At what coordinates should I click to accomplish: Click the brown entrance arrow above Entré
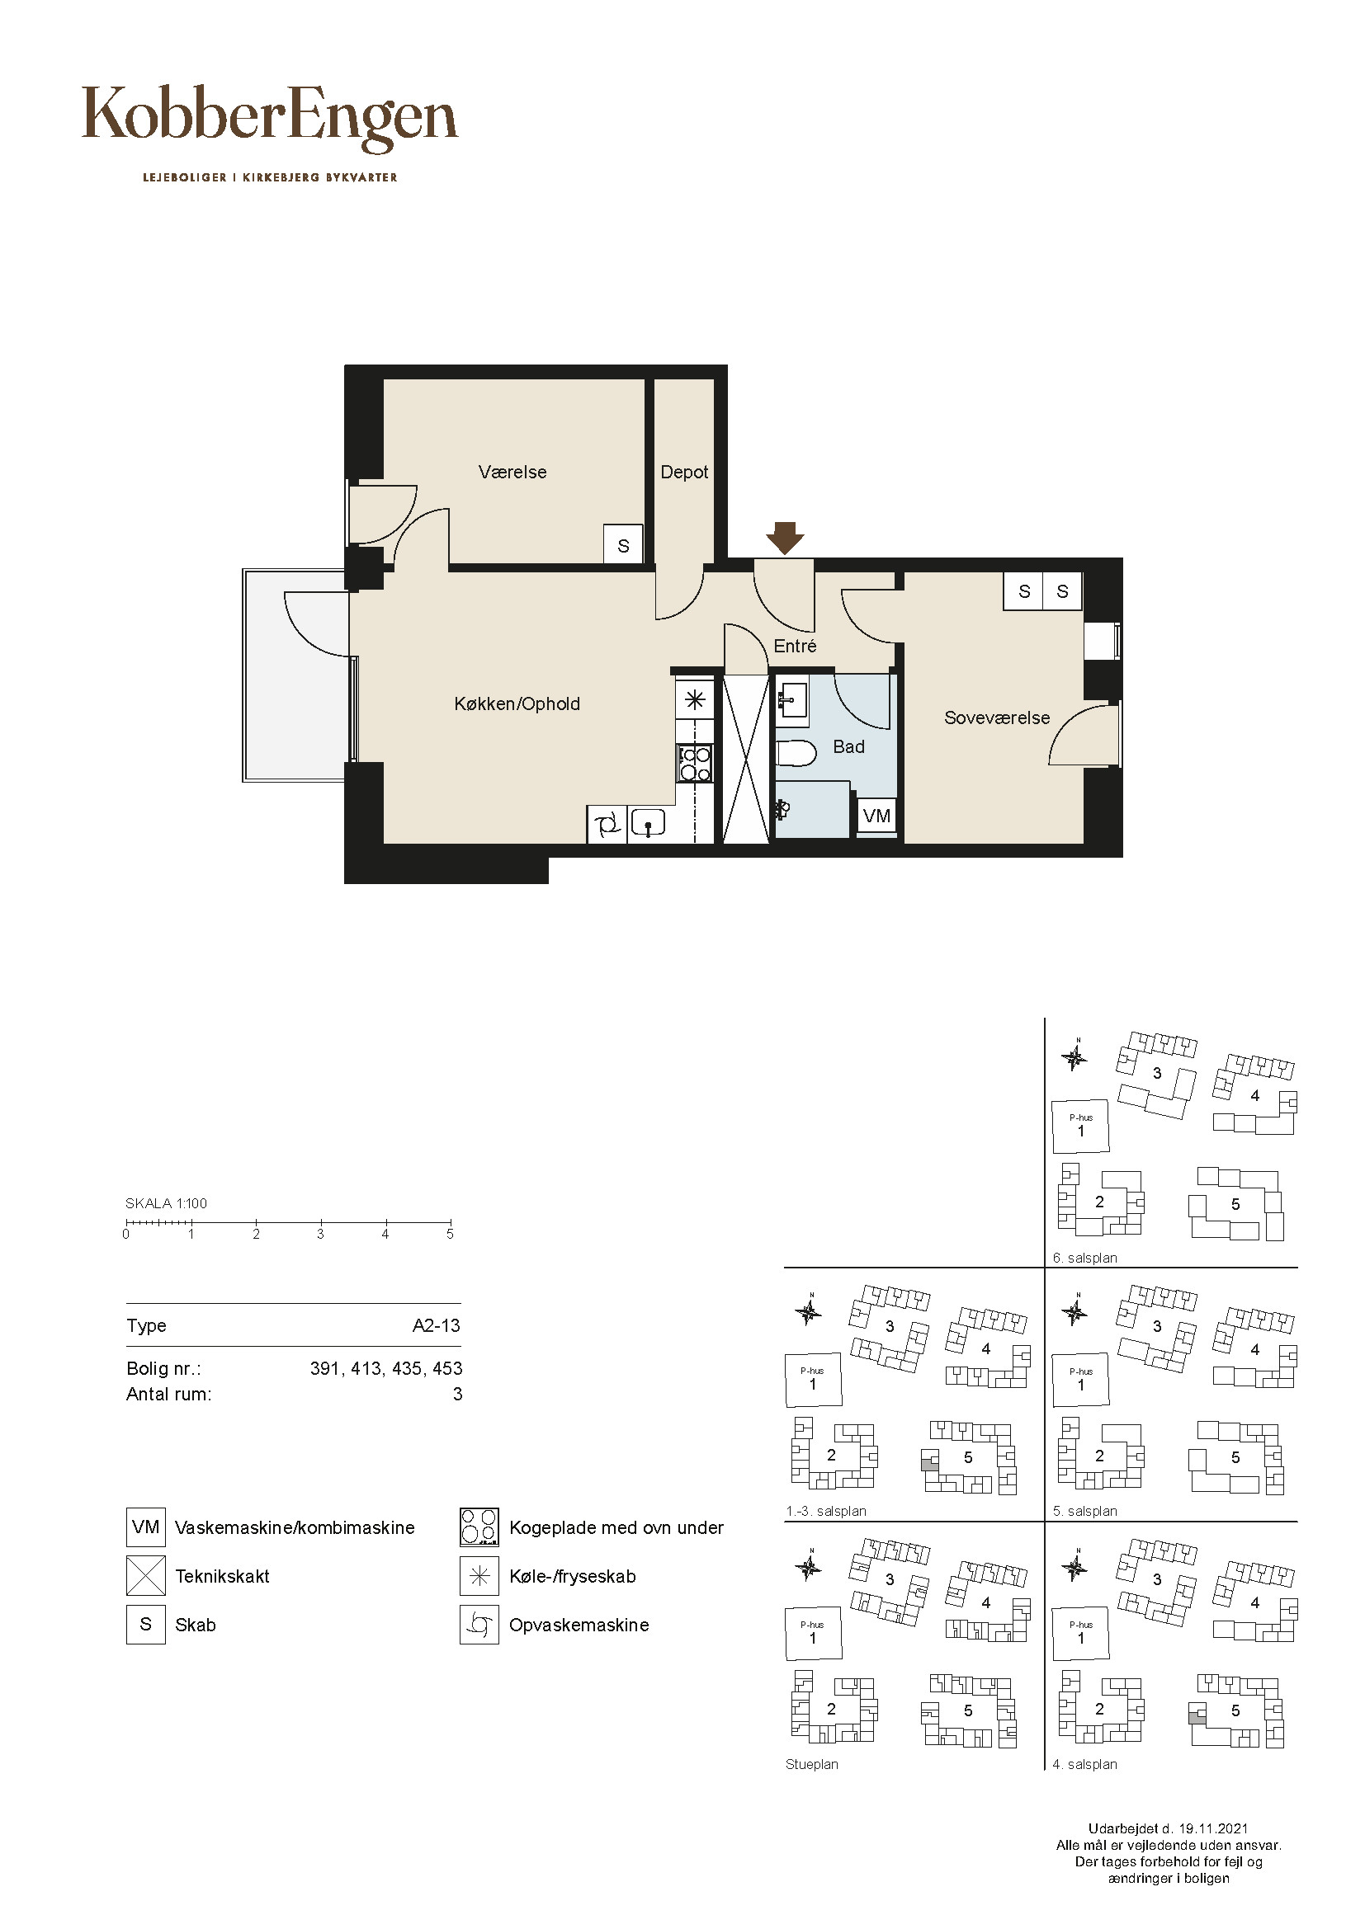click(785, 539)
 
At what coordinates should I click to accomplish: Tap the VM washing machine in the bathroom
click(876, 816)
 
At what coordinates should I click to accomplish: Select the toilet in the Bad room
click(794, 753)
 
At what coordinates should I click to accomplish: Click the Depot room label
click(684, 473)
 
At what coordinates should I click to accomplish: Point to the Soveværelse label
click(997, 717)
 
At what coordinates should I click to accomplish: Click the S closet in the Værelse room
click(623, 545)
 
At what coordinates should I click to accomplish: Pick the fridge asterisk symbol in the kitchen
click(695, 700)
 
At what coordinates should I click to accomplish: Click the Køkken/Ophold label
click(517, 704)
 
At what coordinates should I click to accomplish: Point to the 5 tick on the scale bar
click(451, 1224)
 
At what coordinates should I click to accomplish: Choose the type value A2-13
click(437, 1326)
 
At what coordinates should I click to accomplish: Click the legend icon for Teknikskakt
click(145, 1576)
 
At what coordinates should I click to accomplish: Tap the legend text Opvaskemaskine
click(579, 1625)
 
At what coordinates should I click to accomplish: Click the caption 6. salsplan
click(1085, 1259)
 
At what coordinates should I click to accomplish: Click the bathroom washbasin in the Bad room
click(791, 699)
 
